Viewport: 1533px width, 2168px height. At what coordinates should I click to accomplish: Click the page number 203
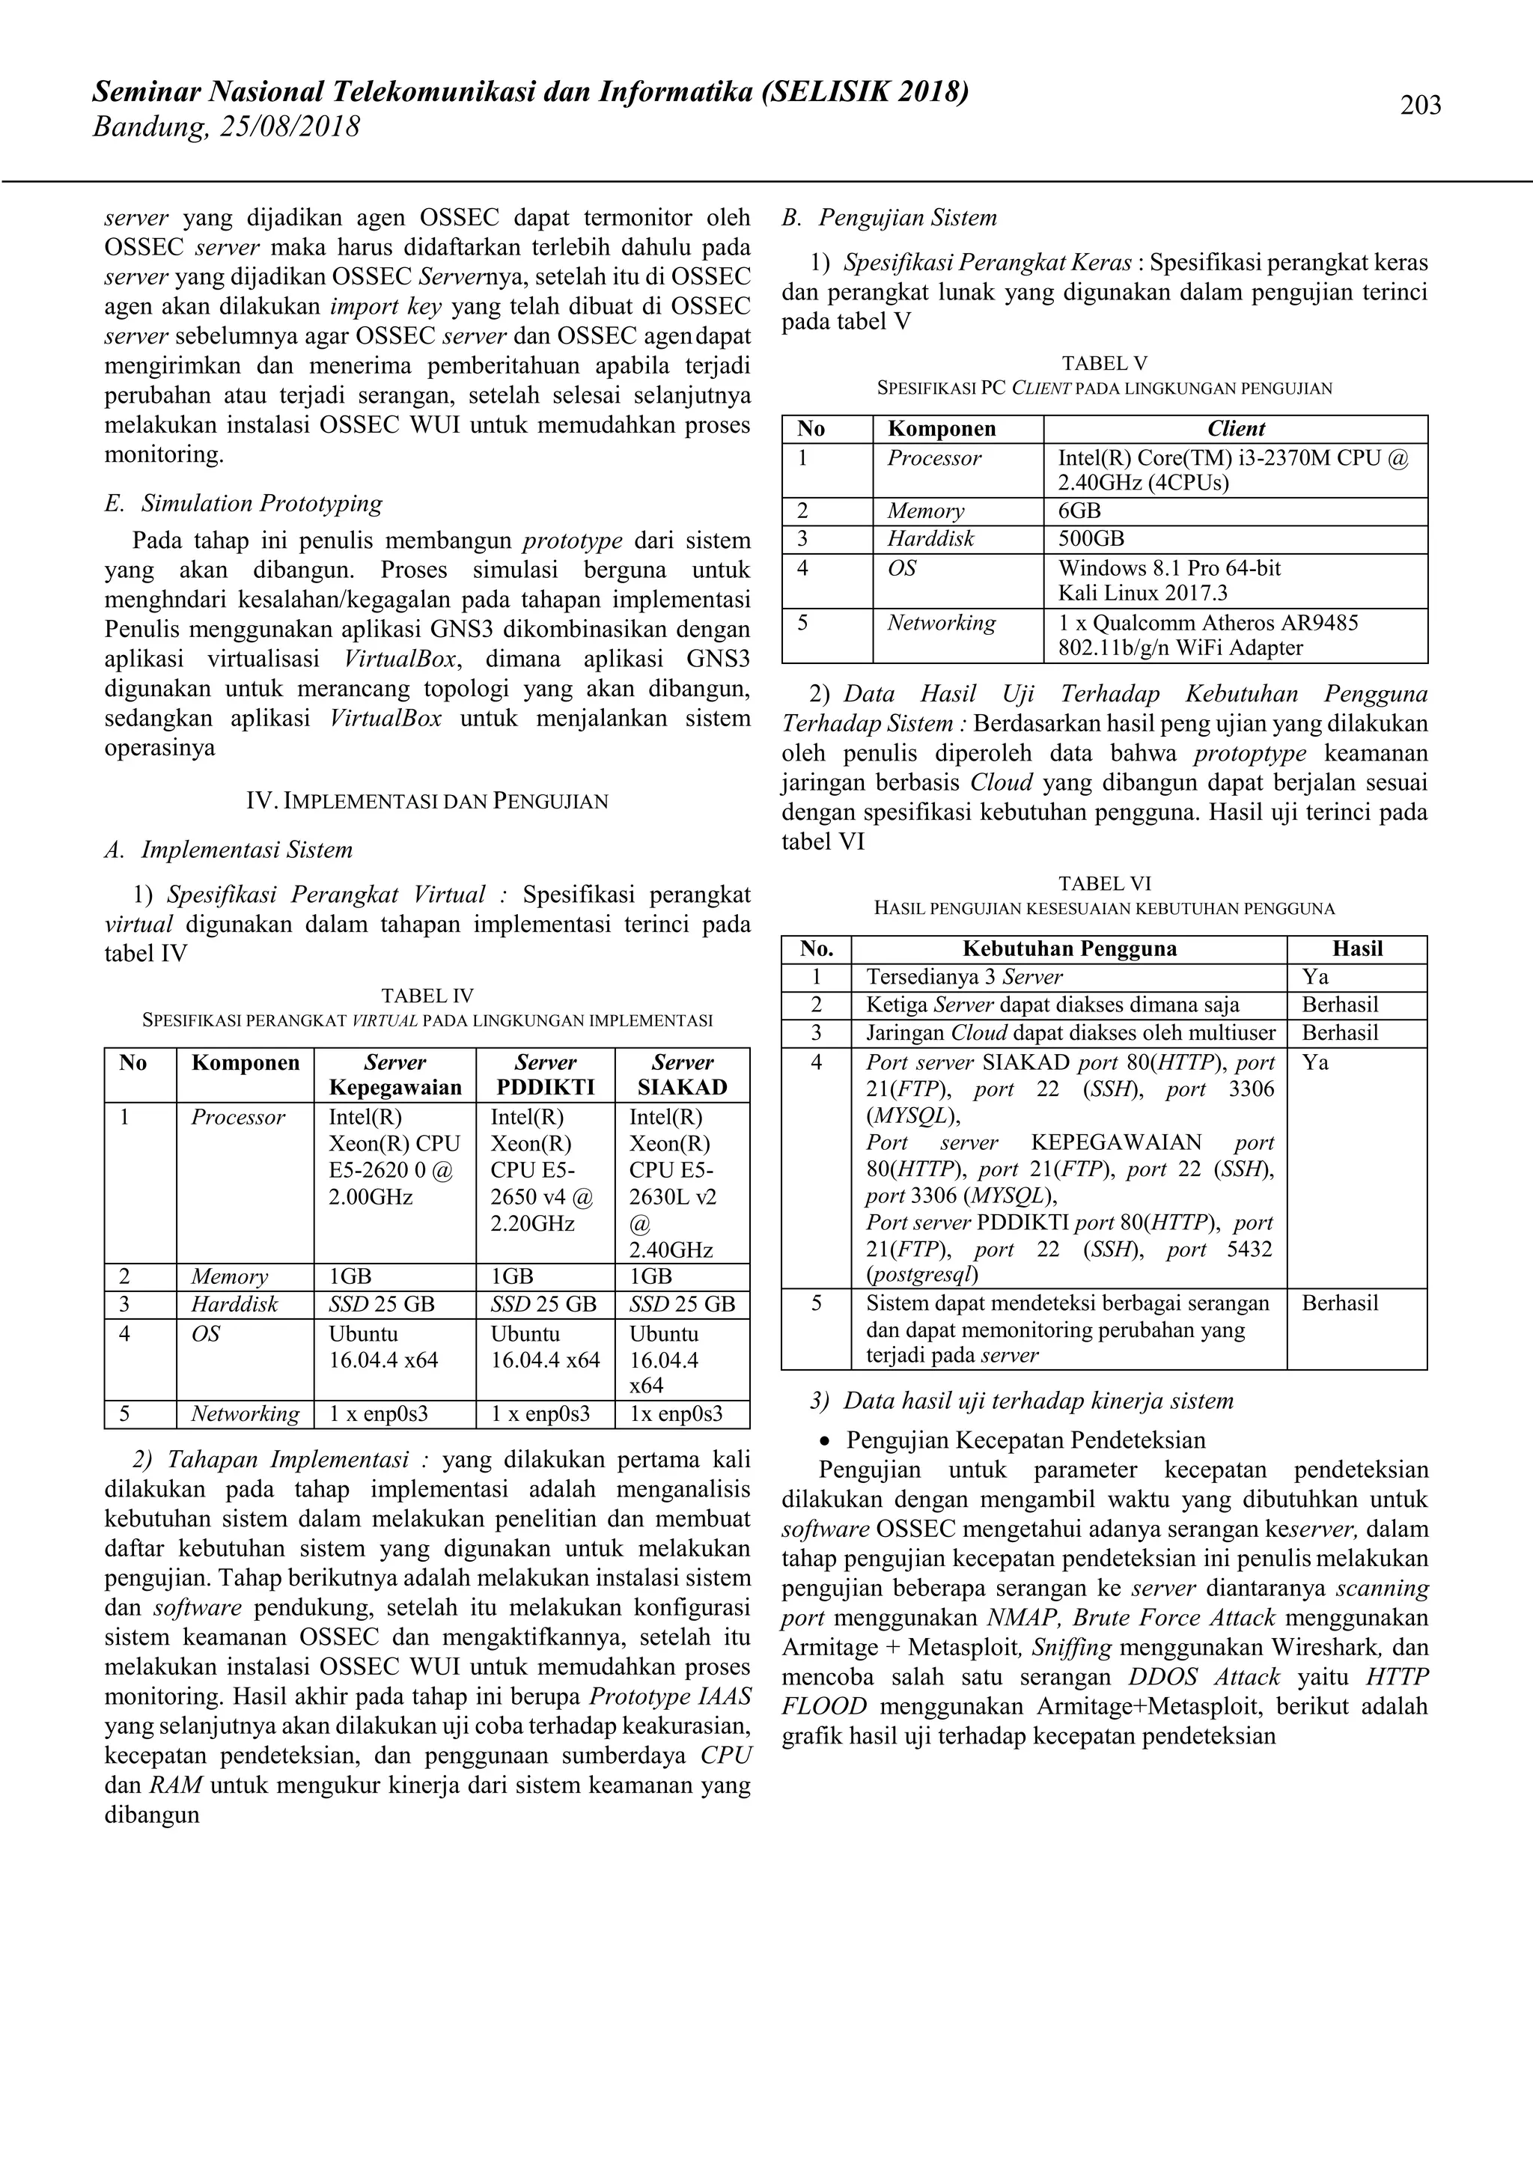[1420, 105]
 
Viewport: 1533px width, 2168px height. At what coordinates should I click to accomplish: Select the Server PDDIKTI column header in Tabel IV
[545, 1074]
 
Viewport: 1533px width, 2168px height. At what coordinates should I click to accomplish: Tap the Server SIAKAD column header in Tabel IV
[682, 1074]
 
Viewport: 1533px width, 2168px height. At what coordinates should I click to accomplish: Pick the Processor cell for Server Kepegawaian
[394, 1157]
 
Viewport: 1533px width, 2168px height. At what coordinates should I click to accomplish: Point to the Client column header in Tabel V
[1236, 429]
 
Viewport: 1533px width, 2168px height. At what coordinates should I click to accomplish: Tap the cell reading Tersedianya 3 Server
[964, 977]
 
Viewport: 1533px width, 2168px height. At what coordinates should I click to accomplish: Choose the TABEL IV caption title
[427, 995]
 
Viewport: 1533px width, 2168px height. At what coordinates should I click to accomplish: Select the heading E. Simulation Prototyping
[243, 503]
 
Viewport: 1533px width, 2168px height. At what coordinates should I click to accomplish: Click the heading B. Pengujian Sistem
[889, 218]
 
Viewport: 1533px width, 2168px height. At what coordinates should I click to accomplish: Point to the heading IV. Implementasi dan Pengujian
[427, 802]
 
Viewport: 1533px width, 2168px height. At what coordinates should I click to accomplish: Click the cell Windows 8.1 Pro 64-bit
[1168, 568]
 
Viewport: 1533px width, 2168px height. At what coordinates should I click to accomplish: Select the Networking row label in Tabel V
[941, 623]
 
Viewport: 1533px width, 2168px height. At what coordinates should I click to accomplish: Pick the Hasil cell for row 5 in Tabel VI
[1339, 1303]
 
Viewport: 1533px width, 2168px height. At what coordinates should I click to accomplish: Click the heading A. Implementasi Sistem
[228, 850]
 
